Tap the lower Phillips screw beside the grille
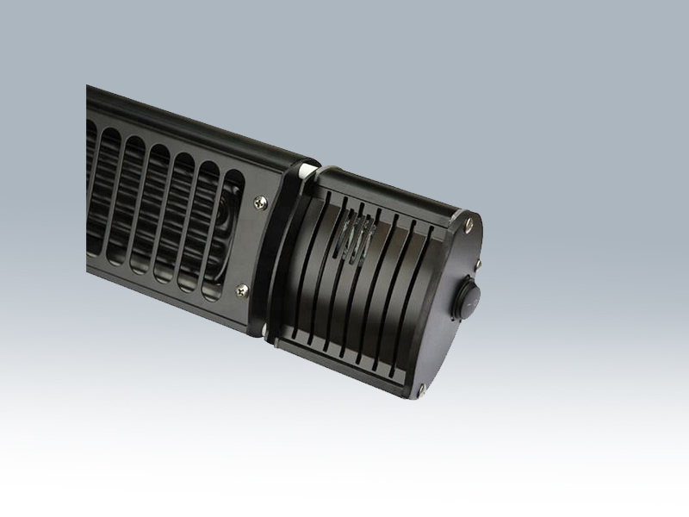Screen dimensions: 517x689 point(243,290)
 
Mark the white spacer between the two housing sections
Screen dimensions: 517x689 point(303,175)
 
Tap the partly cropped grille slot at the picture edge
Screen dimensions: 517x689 point(90,190)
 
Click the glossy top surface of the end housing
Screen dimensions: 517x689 point(388,190)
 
